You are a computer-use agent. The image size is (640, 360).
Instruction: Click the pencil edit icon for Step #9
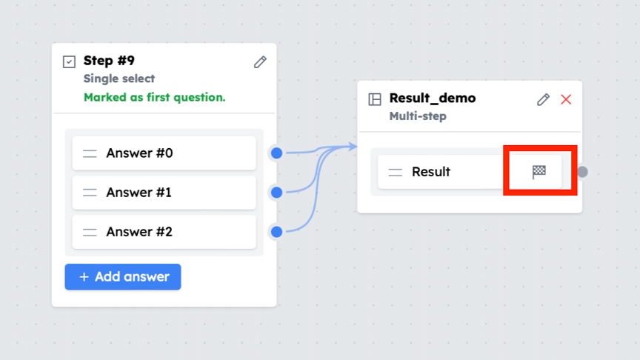260,62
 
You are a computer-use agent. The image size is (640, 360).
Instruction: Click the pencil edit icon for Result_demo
543,99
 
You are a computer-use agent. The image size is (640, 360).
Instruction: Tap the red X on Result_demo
566,99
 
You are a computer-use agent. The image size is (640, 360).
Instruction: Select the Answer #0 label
139,153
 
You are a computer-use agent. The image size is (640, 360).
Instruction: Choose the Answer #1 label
139,193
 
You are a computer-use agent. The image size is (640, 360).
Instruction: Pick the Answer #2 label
139,232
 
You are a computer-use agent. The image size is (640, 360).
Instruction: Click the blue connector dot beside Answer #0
277,153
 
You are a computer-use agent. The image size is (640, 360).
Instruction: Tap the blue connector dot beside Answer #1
277,193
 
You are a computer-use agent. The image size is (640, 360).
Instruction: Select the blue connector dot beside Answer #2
277,232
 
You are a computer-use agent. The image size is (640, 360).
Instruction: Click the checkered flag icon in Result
539,172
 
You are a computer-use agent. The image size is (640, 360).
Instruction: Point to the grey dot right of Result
582,172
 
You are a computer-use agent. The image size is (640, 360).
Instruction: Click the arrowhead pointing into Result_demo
353,147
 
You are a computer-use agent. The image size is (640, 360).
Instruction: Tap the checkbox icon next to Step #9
69,61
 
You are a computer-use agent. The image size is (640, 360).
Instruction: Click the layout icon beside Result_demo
375,99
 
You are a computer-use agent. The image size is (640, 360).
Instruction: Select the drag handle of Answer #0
90,153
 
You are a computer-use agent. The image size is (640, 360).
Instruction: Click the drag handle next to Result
395,173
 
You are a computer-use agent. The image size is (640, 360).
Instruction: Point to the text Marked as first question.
154,97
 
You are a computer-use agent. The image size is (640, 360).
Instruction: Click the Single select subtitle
119,79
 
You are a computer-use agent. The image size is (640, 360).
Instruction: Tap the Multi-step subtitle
418,116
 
